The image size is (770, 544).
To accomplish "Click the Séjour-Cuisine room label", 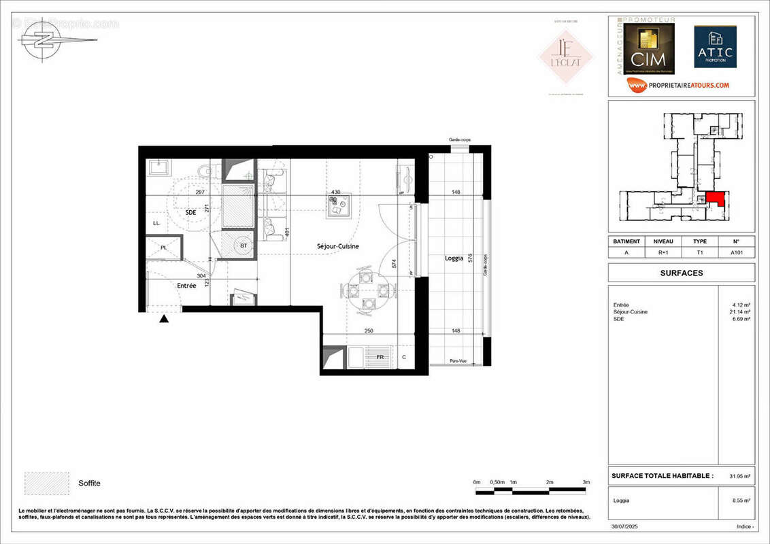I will tap(337, 245).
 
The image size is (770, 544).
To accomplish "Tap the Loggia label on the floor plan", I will tap(454, 258).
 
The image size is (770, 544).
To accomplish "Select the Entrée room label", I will tap(186, 286).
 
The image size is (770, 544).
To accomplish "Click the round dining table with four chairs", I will tap(367, 290).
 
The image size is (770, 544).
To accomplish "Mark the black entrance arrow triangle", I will tap(164, 318).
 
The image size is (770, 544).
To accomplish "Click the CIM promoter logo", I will tap(649, 50).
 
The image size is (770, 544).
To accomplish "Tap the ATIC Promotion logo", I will tap(715, 48).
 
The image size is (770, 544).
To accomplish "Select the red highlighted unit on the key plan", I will tap(715, 199).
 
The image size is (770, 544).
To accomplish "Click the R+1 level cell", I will tap(663, 251).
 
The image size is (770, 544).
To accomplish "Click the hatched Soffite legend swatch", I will tap(47, 483).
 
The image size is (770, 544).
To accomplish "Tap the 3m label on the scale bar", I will tap(586, 482).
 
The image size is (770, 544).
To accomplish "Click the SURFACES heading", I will tap(682, 273).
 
